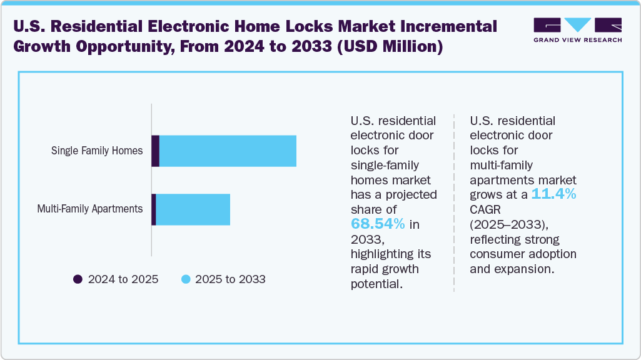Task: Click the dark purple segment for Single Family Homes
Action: click(156, 151)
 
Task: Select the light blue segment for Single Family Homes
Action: click(228, 151)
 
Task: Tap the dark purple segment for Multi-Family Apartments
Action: click(154, 209)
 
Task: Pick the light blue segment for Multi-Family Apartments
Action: click(193, 209)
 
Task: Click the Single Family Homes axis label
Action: click(97, 151)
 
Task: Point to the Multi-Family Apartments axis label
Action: click(90, 209)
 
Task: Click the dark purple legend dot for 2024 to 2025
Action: click(78, 279)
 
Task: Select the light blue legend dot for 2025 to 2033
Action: click(186, 279)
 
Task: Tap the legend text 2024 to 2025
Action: click(123, 279)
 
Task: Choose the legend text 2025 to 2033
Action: click(230, 279)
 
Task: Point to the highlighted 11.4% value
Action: click(553, 194)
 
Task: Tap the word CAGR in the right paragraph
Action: click(486, 209)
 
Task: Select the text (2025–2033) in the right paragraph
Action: click(502, 224)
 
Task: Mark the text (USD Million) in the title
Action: click(390, 47)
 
